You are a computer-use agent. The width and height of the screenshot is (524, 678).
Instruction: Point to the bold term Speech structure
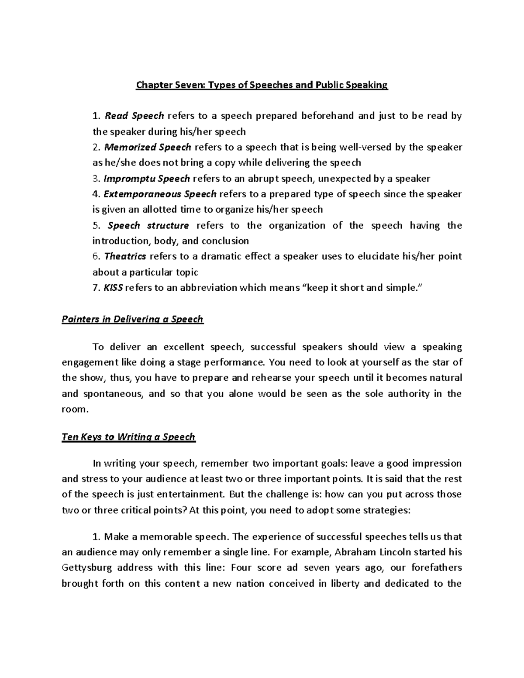click(x=148, y=225)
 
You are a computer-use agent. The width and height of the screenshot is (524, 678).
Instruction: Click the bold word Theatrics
click(x=125, y=256)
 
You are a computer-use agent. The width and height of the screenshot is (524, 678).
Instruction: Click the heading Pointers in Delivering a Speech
click(x=133, y=319)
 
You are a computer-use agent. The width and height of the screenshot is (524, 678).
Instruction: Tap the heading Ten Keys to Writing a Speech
click(x=129, y=437)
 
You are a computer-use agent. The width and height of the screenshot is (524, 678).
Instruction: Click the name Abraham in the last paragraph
click(x=353, y=552)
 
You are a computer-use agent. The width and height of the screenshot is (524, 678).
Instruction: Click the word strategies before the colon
click(x=385, y=510)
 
